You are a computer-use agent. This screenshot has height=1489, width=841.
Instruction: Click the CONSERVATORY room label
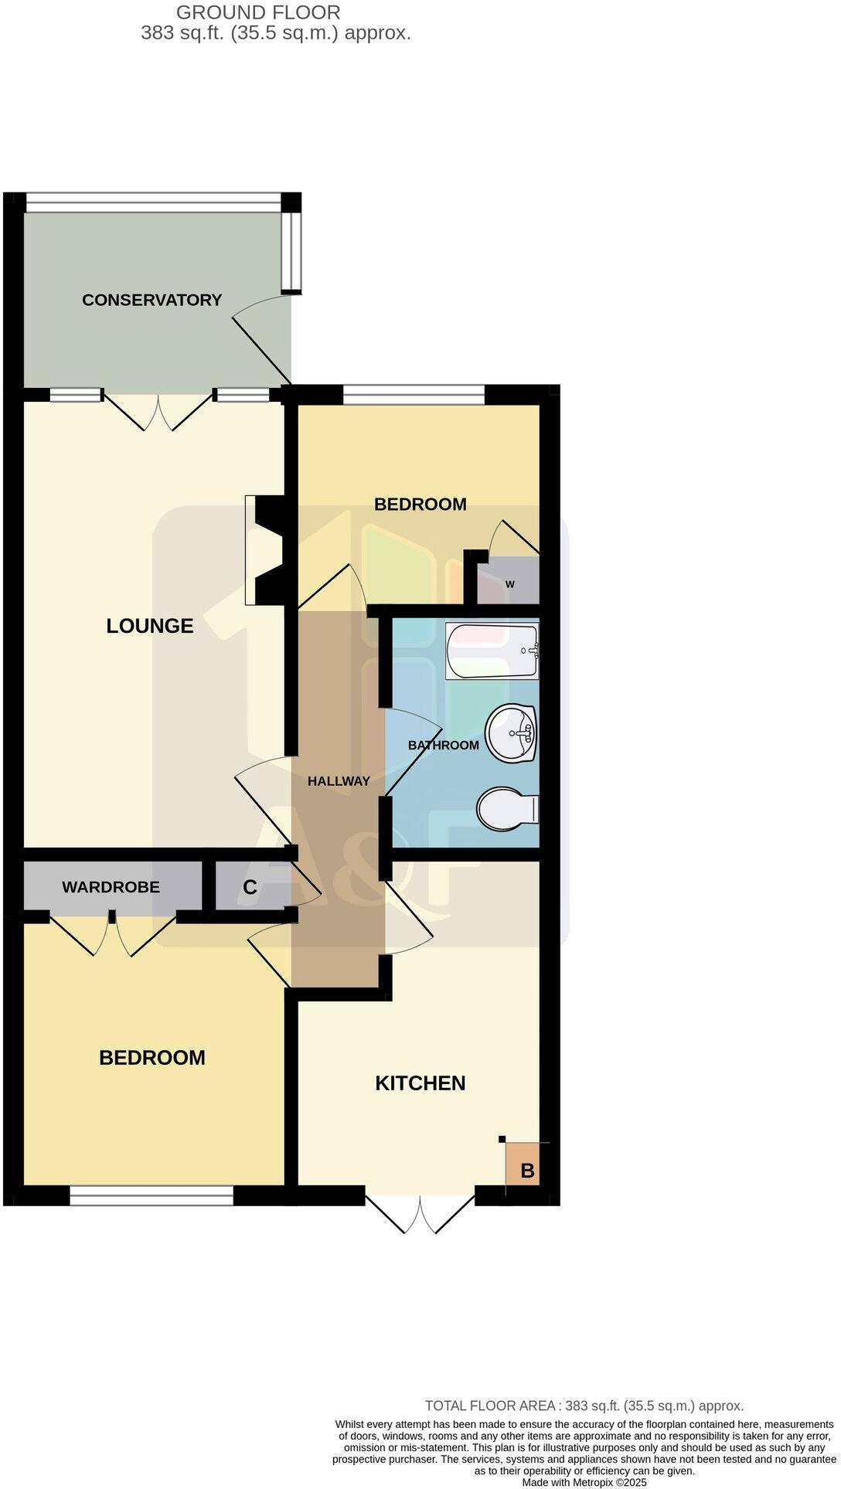click(x=152, y=300)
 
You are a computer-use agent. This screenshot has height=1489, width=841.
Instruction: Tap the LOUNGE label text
click(x=149, y=626)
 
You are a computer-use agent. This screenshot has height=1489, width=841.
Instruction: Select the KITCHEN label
click(x=420, y=1083)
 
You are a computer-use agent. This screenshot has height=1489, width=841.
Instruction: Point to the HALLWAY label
click(x=339, y=781)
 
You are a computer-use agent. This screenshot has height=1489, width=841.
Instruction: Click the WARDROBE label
click(x=111, y=887)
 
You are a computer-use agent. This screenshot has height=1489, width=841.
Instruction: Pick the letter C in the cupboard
click(x=250, y=888)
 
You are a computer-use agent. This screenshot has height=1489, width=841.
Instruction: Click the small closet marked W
click(x=509, y=584)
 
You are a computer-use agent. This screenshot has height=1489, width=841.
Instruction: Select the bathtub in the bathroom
click(x=492, y=651)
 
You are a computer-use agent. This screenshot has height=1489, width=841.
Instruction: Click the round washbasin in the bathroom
click(x=511, y=733)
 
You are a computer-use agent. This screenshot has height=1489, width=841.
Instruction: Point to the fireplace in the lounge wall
click(x=266, y=550)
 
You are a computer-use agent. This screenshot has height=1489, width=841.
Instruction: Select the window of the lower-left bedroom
click(x=152, y=1195)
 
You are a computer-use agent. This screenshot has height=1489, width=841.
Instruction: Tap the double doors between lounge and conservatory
click(x=158, y=411)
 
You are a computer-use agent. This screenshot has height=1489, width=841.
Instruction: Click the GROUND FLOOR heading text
click(x=258, y=12)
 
